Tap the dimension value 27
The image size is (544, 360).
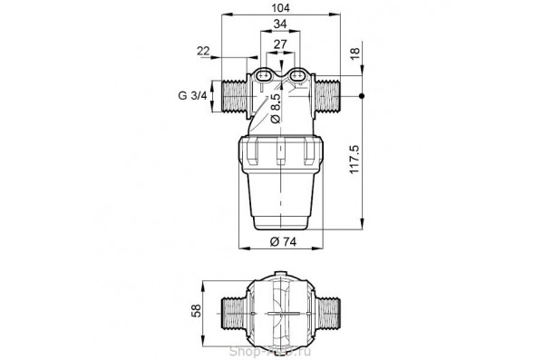pyautogui.click(x=282, y=45)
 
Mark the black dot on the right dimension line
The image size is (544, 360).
pyautogui.click(x=363, y=95)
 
